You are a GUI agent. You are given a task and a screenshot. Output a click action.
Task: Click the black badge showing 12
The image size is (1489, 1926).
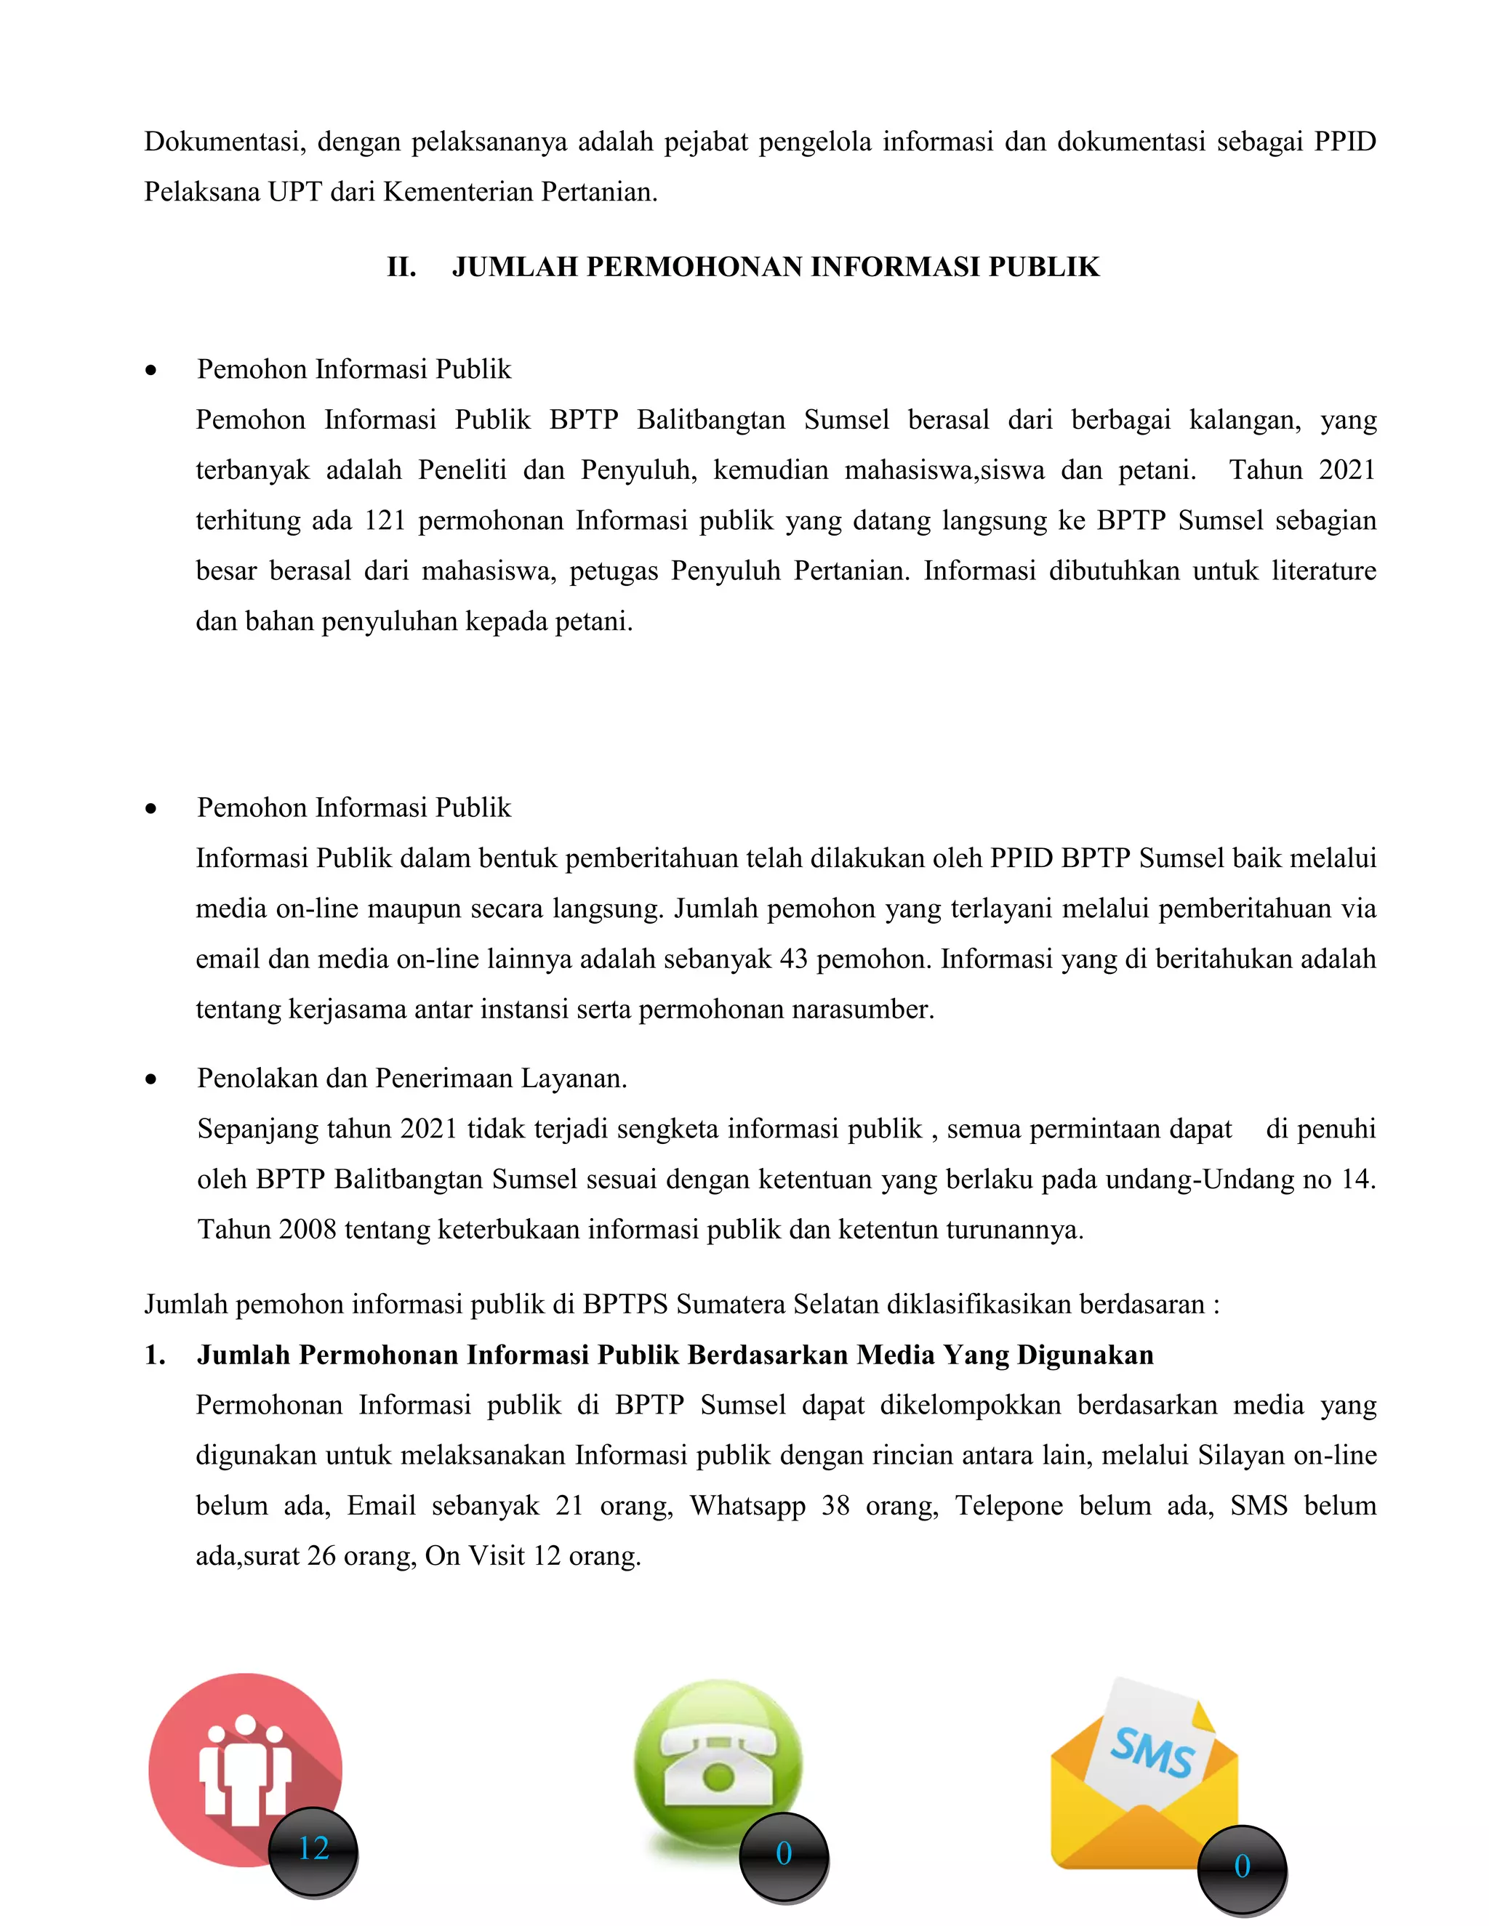313,1848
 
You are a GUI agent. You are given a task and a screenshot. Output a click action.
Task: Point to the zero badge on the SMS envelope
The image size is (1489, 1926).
1242,1867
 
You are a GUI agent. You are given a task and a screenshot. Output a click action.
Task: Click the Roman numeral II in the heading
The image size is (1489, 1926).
401,267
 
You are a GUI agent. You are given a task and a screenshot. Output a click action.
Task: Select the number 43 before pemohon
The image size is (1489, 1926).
794,959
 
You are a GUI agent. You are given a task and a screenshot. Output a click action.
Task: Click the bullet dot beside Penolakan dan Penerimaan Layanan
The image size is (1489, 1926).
152,1079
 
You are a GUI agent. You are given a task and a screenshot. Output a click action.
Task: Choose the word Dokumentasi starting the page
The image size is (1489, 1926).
224,142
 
